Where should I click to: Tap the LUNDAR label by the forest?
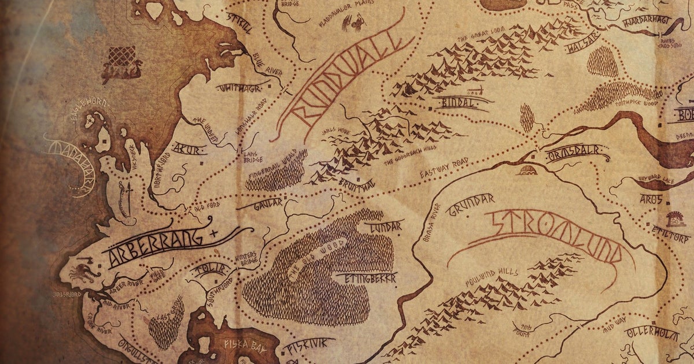click(383, 226)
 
